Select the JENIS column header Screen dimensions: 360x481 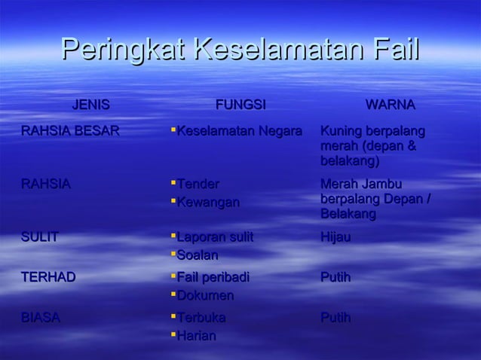(90, 104)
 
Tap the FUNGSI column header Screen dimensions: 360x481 (240, 104)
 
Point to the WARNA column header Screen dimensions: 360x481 (390, 104)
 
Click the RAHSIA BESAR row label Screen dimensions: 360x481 (69, 131)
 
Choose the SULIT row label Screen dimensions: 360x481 (39, 237)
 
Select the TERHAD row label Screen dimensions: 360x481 (48, 277)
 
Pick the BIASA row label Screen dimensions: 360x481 (41, 317)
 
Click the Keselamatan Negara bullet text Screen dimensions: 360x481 (239, 131)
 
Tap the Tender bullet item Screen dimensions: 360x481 (198, 184)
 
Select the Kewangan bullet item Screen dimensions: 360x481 (208, 202)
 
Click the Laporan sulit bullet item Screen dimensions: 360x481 (215, 237)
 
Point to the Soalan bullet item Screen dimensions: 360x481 (198, 255)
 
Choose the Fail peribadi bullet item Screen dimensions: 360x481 (213, 277)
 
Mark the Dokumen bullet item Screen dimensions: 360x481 (205, 295)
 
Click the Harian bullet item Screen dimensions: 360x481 (196, 335)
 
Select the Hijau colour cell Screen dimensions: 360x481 (335, 237)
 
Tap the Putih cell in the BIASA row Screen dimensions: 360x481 (335, 317)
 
